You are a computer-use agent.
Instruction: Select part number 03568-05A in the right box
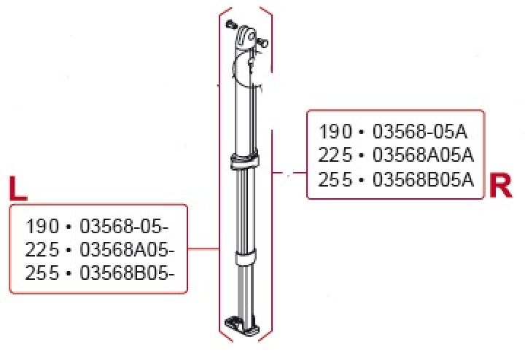tap(419, 133)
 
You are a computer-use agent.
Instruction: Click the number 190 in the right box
tap(335, 133)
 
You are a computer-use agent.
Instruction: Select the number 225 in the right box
tap(335, 156)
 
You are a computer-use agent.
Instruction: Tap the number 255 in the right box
tap(335, 179)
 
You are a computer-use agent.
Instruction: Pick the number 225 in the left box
tap(41, 249)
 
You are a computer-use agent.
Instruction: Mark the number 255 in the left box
tap(41, 273)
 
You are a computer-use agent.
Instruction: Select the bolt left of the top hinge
tap(230, 25)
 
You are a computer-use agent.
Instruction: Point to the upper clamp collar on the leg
tap(244, 161)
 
